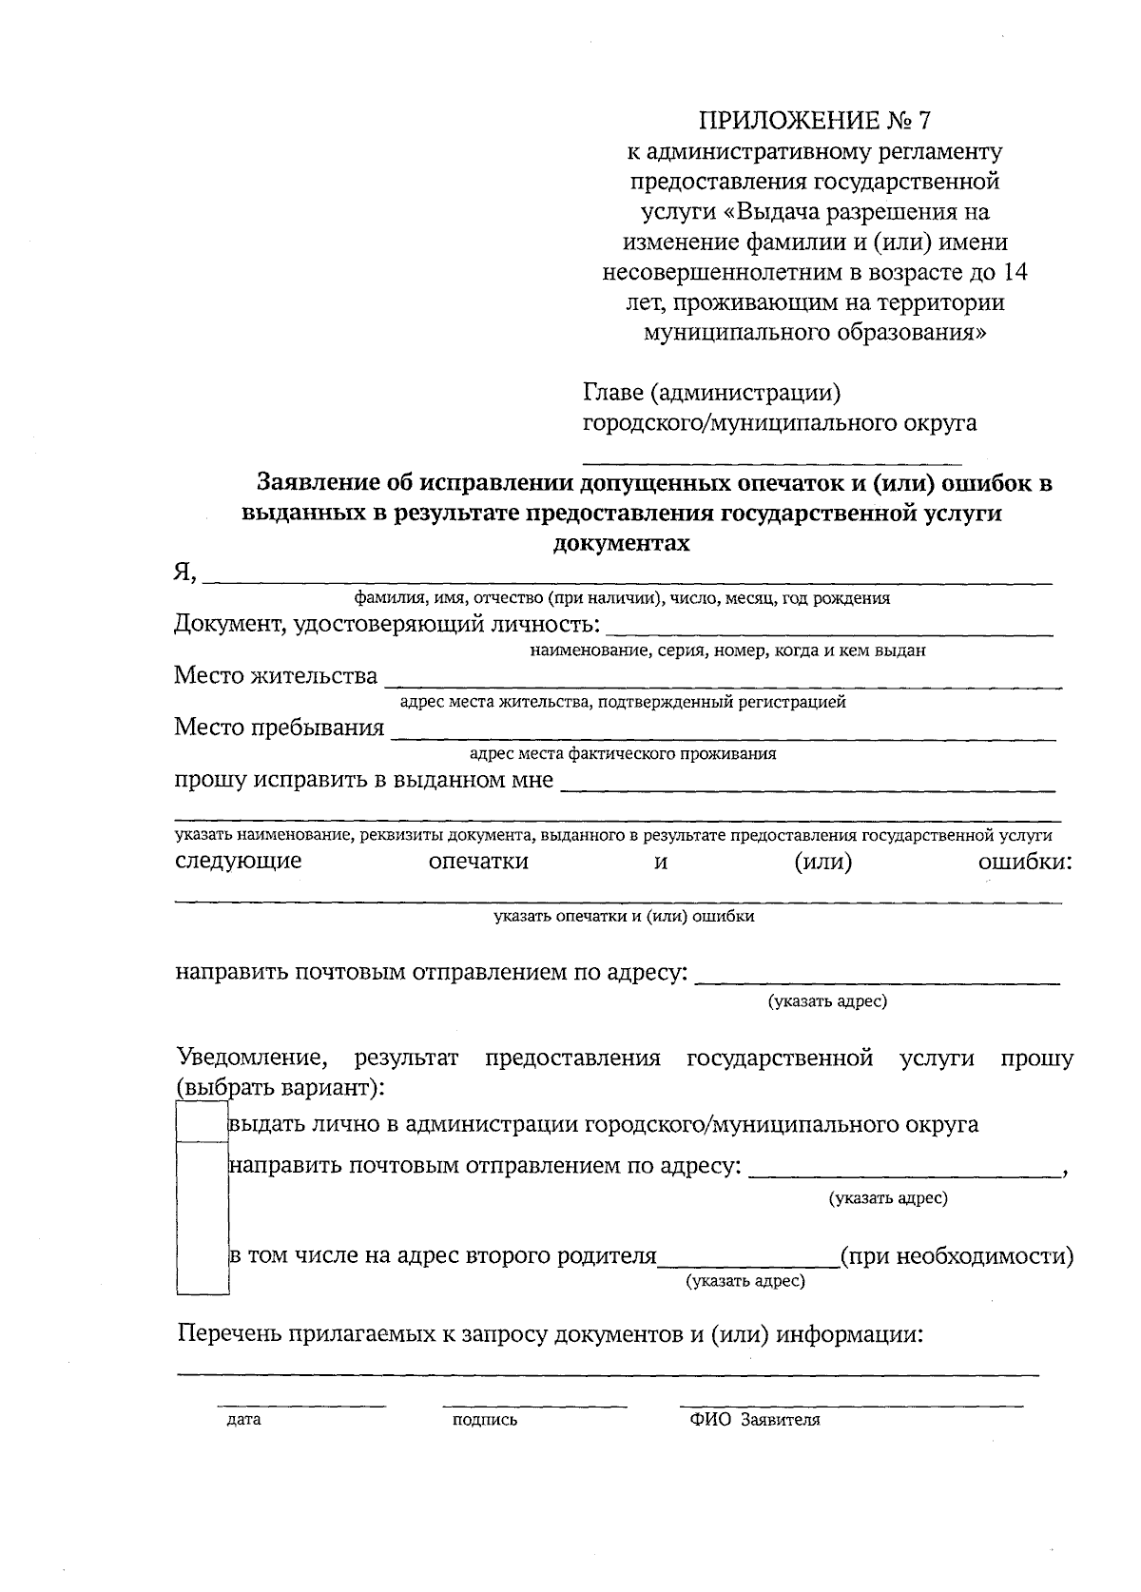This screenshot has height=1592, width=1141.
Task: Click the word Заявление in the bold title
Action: pos(327,483)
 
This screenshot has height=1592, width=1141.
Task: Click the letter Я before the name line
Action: pos(184,572)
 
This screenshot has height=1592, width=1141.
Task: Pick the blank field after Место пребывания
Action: pos(723,731)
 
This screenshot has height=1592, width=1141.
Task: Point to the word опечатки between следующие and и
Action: pos(478,862)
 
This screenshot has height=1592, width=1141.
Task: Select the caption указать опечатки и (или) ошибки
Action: pos(624,917)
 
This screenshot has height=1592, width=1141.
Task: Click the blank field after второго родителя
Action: pos(748,1260)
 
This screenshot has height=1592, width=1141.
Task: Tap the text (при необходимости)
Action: pos(957,1256)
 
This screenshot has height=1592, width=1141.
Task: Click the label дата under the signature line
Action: pos(243,1421)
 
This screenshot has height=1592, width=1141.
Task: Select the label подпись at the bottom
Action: pos(485,1421)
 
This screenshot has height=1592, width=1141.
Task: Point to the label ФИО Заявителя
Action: pos(755,1421)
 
